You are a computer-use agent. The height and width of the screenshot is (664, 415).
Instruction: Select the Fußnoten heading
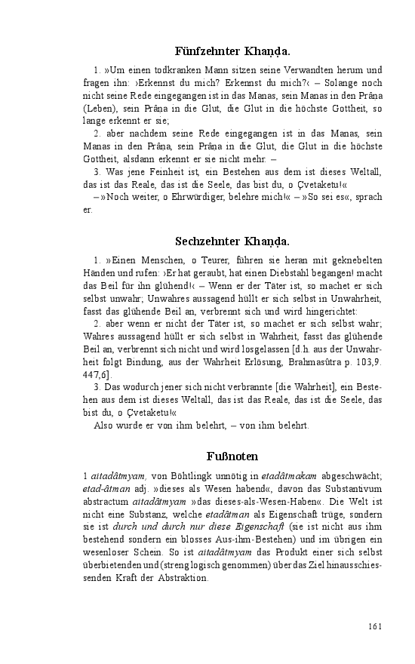click(232, 456)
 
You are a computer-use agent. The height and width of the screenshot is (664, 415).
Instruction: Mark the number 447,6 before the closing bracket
click(96, 376)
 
